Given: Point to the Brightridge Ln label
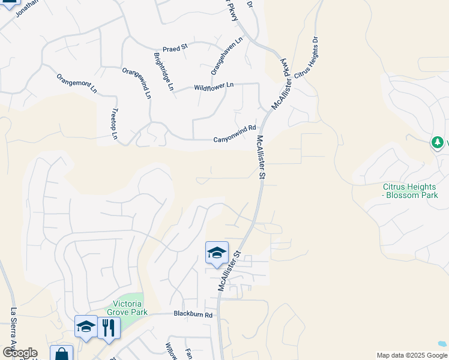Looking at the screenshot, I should (164, 71).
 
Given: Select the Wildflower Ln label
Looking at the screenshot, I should (214, 87).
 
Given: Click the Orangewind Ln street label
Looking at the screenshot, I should (136, 83).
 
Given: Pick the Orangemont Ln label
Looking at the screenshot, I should (76, 85).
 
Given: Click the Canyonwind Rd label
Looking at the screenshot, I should (235, 139).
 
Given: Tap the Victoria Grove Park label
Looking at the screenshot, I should (127, 308).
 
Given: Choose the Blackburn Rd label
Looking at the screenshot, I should (193, 314).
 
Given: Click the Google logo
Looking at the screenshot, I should (20, 353).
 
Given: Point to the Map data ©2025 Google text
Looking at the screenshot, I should (412, 355).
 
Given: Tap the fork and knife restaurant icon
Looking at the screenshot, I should (109, 328).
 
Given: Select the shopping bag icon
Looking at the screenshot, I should (61, 354).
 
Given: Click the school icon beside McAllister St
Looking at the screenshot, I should (217, 252).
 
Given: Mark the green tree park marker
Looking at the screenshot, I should (438, 142).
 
